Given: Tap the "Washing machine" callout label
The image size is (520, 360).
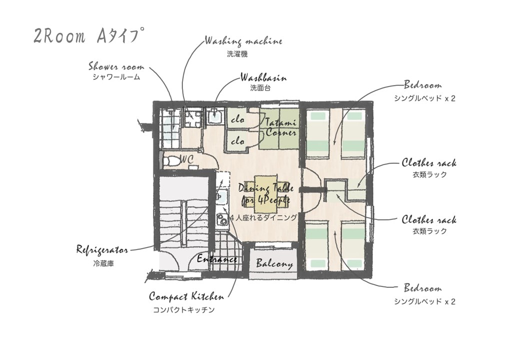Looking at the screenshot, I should pos(243,41).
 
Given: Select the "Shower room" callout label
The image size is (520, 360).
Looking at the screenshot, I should pos(116,66).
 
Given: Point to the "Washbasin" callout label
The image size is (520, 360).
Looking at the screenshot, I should pos(263,78).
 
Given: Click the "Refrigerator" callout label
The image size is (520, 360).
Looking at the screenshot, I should pos(102,249).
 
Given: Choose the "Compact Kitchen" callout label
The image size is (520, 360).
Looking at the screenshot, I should pos(186,296).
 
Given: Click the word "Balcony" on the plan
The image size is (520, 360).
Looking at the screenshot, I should pos(274,263).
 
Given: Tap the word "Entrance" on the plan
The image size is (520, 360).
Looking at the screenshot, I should pos(216,259).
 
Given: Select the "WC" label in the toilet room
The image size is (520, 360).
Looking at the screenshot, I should pos(187,159).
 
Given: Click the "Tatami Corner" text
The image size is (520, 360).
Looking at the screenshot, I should pos(280,127).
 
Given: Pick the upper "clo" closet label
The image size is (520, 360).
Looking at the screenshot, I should pos(237,119).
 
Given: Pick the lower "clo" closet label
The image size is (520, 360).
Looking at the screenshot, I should pos(237,141).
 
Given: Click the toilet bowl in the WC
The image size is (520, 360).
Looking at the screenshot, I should pos(171,160).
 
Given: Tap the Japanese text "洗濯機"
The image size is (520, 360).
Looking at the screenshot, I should pos(237,54).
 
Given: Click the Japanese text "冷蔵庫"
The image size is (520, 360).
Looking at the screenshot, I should pos(103,263).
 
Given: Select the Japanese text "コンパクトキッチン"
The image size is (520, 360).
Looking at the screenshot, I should pos(183,310).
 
